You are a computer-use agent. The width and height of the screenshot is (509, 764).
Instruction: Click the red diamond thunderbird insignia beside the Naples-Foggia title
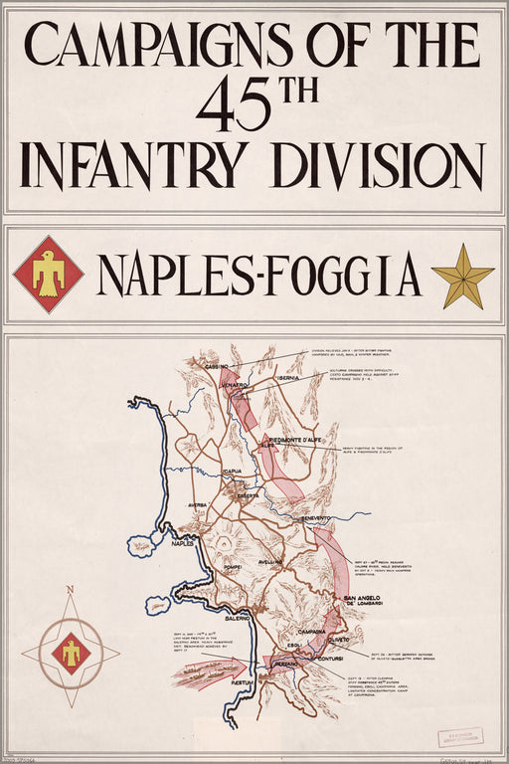48,274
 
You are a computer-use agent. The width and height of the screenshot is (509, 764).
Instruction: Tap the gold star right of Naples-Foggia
462,276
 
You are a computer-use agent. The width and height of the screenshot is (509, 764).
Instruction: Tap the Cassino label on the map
217,367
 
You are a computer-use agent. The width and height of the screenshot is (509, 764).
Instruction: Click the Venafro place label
237,382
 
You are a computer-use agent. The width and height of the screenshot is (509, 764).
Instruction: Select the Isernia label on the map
289,378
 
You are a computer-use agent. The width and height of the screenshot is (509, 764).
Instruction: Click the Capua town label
233,472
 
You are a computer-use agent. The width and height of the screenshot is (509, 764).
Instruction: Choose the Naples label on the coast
182,544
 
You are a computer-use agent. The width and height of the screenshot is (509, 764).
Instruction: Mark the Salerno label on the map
237,618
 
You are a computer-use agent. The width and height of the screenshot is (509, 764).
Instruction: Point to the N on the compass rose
70,590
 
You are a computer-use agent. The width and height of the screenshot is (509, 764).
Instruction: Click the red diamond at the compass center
71,654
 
